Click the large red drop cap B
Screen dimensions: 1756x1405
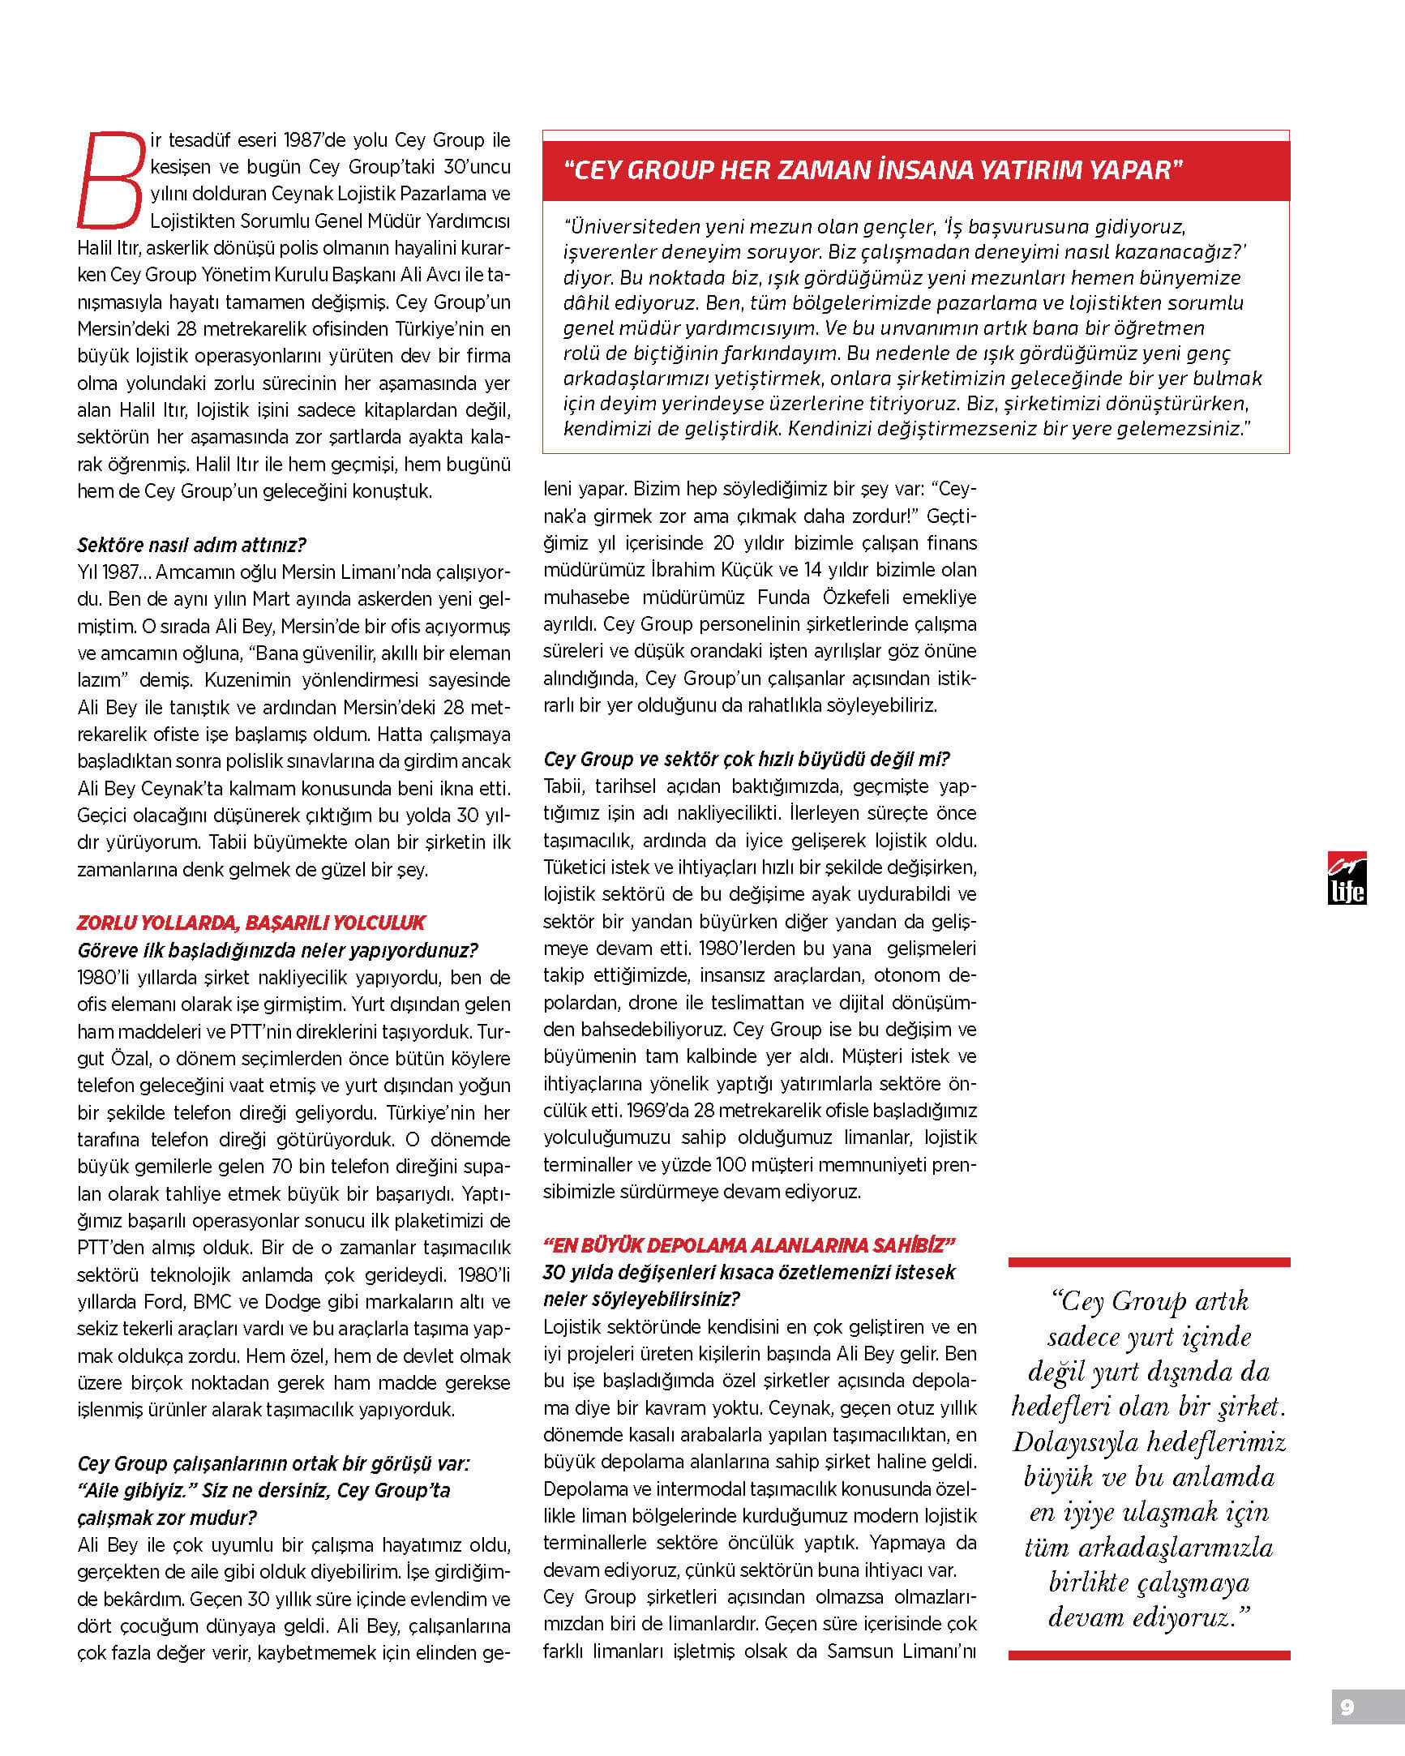coord(112,180)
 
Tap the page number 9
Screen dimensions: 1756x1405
coord(1347,1707)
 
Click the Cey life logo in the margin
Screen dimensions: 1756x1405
coord(1347,878)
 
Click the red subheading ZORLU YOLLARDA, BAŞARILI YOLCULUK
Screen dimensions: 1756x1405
coord(251,923)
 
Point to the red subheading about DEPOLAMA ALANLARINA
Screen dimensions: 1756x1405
coord(748,1244)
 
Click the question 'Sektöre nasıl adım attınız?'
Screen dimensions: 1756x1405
coord(191,545)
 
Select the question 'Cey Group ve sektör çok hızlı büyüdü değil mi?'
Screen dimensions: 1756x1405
coord(746,759)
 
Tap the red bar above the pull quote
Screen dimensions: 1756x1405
coord(1149,1262)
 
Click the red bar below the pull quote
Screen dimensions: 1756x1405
coord(1149,1654)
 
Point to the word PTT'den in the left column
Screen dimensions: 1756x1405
coord(109,1247)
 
